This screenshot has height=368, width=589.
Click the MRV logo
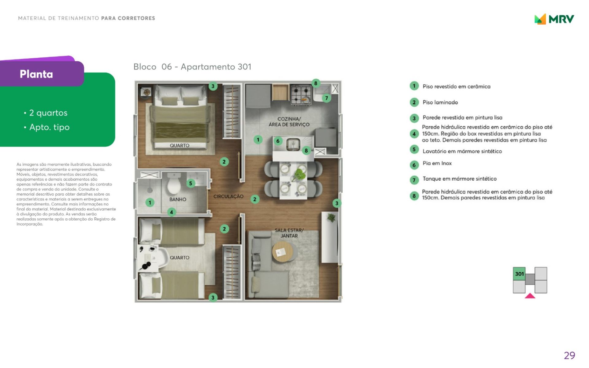(x=554, y=19)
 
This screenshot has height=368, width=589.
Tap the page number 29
(x=569, y=355)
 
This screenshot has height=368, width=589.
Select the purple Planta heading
(x=36, y=74)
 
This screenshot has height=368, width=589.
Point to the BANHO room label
(x=178, y=199)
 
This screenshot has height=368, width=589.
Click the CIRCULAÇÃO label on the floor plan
(x=228, y=196)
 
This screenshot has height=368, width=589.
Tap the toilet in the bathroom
(x=174, y=184)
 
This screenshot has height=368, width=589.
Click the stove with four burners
(x=301, y=94)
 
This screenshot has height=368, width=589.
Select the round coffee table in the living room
(x=283, y=251)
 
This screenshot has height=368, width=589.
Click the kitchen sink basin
(x=293, y=144)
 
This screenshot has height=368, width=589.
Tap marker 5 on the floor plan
(x=191, y=183)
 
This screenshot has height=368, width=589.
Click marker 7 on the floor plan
(x=326, y=98)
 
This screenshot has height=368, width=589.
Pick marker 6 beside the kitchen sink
(x=278, y=141)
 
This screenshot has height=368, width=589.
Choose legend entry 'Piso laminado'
(x=440, y=102)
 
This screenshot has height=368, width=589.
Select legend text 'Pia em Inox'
(x=437, y=163)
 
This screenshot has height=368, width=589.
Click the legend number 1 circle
(x=414, y=86)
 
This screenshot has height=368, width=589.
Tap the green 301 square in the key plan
(x=519, y=274)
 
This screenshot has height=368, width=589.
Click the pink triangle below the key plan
(x=530, y=296)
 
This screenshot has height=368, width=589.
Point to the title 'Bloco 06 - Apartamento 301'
(x=192, y=67)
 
